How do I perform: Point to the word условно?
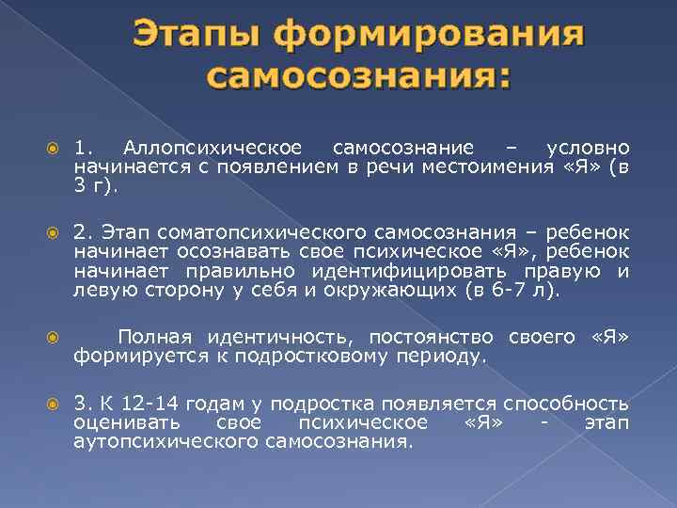coord(588,149)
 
